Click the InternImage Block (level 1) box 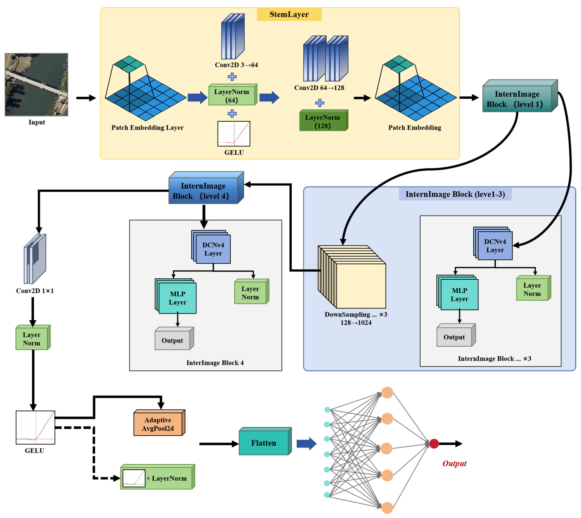pyautogui.click(x=517, y=99)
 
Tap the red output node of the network pyautogui.click(x=434, y=444)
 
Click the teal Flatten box pyautogui.click(x=264, y=443)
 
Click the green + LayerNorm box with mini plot pyautogui.click(x=158, y=478)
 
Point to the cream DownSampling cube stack pyautogui.click(x=353, y=279)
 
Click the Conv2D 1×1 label pyautogui.click(x=35, y=291)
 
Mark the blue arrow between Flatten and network pyautogui.click(x=306, y=444)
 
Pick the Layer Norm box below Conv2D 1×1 pyautogui.click(x=32, y=338)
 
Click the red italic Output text pyautogui.click(x=454, y=463)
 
